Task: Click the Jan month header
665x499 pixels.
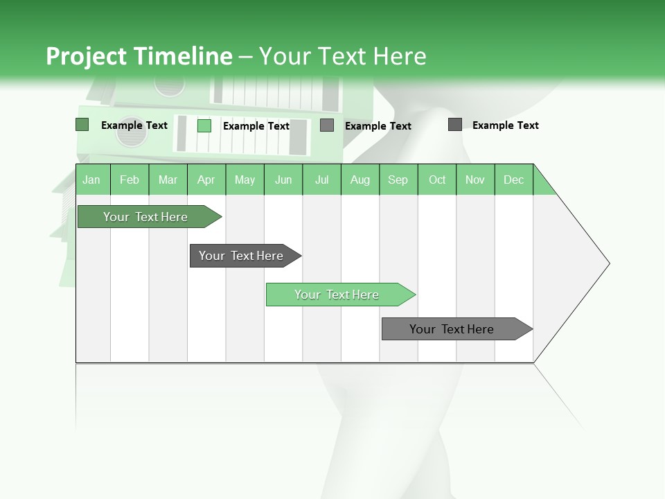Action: [x=91, y=180]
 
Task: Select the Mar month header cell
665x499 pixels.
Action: [x=168, y=180]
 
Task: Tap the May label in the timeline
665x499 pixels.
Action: [x=245, y=180]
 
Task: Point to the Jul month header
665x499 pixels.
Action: [x=321, y=180]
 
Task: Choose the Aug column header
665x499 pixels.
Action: [x=360, y=180]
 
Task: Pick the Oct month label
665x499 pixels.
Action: [x=437, y=180]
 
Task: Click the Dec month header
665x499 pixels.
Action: [x=513, y=180]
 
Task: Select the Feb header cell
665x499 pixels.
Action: [x=130, y=180]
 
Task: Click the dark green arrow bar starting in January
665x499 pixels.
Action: [x=145, y=217]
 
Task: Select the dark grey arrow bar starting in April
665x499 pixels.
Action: [x=241, y=256]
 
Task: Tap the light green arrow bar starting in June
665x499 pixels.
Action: [x=337, y=295]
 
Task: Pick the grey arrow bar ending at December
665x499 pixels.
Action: [x=452, y=329]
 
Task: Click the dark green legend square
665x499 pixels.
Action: [x=82, y=125]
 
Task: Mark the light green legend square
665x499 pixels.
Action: [x=204, y=125]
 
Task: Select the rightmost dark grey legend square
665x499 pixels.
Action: [x=455, y=125]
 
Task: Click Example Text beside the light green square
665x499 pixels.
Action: [x=256, y=126]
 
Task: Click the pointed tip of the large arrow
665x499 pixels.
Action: [x=608, y=263]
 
